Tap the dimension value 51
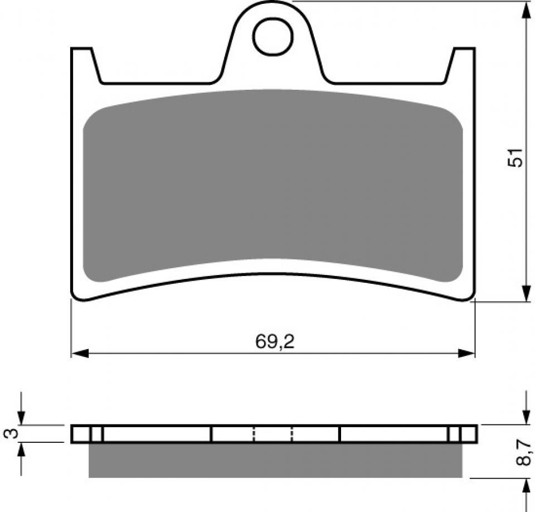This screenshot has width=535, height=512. tap(515, 158)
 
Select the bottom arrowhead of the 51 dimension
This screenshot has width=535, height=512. tap(526, 293)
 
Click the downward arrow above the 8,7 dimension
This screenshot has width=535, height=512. tap(526, 416)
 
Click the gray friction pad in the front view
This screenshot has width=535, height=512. tap(273, 184)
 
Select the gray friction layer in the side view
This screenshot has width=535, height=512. tap(275, 461)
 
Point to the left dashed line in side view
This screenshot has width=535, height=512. tap(254, 434)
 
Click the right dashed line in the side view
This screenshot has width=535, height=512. tap(292, 434)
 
